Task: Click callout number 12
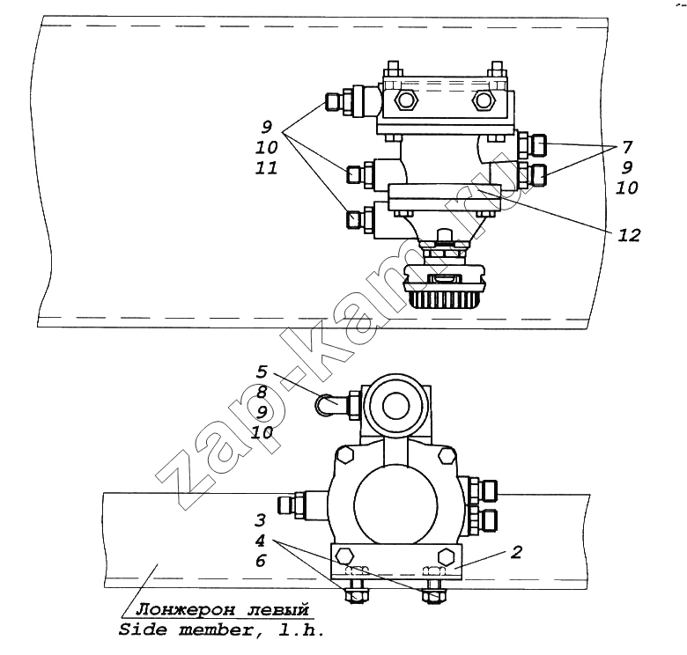(629, 236)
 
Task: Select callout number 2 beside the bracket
(517, 552)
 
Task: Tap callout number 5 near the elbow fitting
(261, 372)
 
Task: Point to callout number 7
(627, 147)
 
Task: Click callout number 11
(266, 167)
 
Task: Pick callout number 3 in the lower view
(260, 520)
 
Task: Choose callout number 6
(261, 561)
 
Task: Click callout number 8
(262, 392)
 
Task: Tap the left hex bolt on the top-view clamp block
(406, 101)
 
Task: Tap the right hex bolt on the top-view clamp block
(484, 101)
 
